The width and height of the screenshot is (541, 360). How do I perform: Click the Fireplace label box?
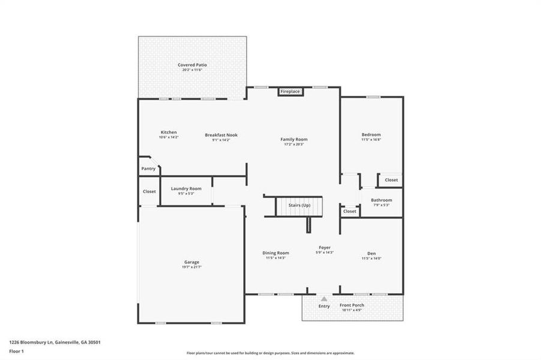289,91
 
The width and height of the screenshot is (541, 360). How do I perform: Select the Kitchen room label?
168,133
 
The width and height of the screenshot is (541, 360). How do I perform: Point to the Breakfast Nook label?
221,135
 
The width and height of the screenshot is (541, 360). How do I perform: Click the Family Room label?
294,139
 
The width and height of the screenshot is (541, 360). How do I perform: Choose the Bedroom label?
370,135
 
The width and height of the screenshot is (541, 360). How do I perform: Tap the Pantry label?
148,169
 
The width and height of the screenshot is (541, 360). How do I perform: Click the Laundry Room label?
186,189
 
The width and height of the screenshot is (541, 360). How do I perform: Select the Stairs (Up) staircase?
299,206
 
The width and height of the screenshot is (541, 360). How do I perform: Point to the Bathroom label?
381,200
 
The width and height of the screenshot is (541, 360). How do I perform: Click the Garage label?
192,262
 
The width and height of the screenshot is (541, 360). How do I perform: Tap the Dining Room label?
276,253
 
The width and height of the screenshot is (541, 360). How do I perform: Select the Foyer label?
325,248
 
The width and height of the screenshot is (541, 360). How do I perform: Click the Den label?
372,253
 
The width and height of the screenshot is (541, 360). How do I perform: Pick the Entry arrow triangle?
324,298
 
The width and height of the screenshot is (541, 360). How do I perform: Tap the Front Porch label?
352,305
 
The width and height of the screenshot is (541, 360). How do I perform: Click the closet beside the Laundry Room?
149,191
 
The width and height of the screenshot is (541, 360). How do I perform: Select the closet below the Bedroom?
391,179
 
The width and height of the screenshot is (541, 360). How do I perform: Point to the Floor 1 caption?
16,351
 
